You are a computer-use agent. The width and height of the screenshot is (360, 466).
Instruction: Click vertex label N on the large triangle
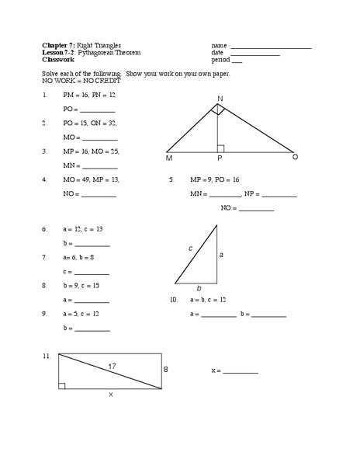pyautogui.click(x=220, y=98)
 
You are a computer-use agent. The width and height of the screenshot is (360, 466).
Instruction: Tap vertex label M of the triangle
pyautogui.click(x=169, y=158)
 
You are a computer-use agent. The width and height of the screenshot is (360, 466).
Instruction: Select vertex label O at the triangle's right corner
pyautogui.click(x=295, y=157)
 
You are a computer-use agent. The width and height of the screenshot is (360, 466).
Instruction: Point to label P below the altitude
pyautogui.click(x=220, y=158)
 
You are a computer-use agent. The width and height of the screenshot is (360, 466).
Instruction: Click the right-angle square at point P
pyautogui.click(x=221, y=148)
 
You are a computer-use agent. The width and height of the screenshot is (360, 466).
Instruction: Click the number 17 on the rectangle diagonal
pyautogui.click(x=112, y=365)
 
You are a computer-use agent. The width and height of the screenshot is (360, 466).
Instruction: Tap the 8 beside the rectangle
pyautogui.click(x=165, y=370)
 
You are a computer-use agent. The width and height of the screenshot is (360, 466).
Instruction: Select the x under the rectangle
pyautogui.click(x=110, y=395)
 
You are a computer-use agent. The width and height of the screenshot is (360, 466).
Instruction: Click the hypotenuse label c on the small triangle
pyautogui.click(x=190, y=248)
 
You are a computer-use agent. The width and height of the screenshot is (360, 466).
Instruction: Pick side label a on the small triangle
pyautogui.click(x=221, y=254)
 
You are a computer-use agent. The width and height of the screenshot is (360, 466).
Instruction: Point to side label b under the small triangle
pyautogui.click(x=198, y=288)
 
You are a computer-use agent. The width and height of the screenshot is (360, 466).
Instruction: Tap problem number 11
pyautogui.click(x=47, y=356)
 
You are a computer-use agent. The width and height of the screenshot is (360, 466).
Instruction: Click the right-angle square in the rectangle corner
pyautogui.click(x=62, y=384)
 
